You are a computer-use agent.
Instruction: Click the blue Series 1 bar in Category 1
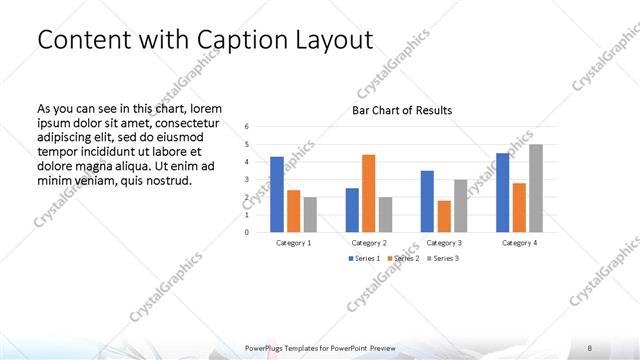(x=276, y=194)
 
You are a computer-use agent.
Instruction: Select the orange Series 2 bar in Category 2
(x=368, y=193)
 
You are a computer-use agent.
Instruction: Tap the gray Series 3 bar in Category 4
(x=536, y=188)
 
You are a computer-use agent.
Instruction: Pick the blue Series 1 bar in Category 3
(x=427, y=201)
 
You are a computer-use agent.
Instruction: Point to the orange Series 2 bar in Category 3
(x=444, y=216)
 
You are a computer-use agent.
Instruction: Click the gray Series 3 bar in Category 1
(x=310, y=214)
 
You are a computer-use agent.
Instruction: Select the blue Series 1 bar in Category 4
(x=503, y=192)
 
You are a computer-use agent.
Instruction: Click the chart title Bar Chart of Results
(x=401, y=110)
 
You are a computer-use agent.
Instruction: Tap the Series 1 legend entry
(x=363, y=259)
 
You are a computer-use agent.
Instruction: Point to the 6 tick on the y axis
(x=247, y=127)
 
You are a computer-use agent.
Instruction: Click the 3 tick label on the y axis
(x=247, y=180)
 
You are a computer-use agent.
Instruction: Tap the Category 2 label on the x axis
(x=369, y=243)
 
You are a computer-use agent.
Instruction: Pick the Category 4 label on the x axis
(x=519, y=243)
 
